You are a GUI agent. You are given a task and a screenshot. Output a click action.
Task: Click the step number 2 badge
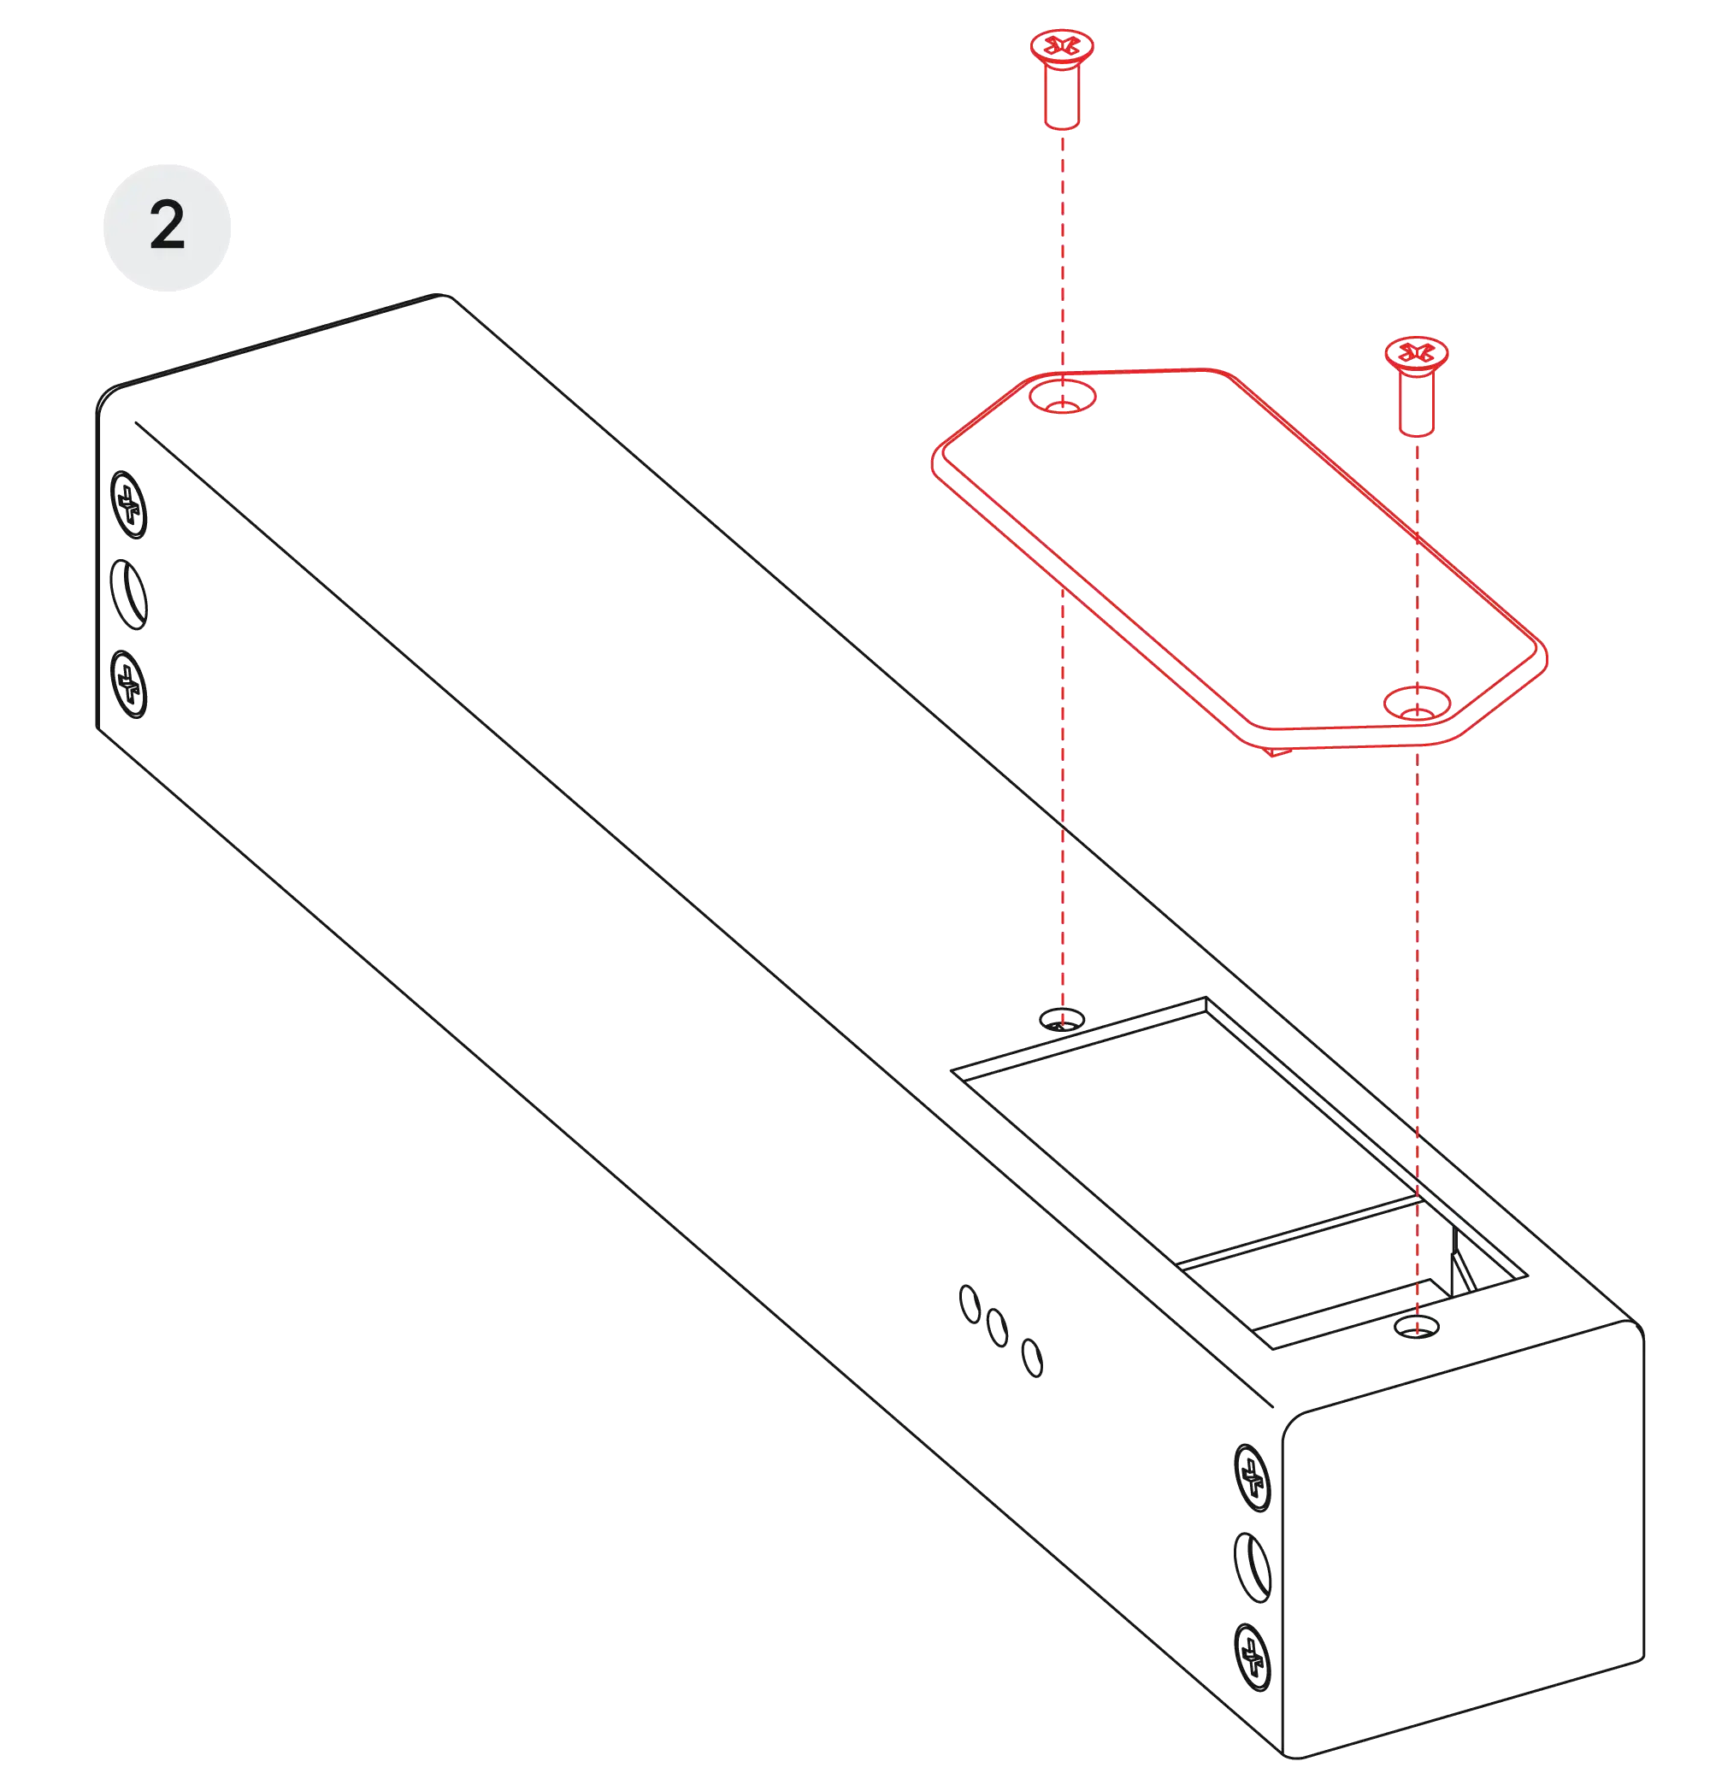(167, 227)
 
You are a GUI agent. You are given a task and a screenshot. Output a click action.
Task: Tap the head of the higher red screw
(1061, 47)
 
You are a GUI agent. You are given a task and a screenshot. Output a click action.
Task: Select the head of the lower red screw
(1416, 354)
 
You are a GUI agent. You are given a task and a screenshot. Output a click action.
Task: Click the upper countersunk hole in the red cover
(1062, 397)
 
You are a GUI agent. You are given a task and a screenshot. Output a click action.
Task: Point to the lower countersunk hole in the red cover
(1417, 704)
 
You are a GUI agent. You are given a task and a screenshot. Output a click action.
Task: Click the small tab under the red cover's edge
(1278, 751)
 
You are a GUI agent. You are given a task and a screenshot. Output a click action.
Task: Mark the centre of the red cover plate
(1239, 559)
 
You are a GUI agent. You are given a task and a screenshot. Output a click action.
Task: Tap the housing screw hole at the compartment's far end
(1061, 1019)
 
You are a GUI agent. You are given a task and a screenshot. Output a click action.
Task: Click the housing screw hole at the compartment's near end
(1417, 1328)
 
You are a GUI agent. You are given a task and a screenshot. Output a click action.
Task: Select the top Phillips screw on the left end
(128, 504)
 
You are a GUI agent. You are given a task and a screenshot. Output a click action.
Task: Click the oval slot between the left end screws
(128, 595)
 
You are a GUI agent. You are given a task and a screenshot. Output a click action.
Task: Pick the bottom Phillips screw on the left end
(128, 684)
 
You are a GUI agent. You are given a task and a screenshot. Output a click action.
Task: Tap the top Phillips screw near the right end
(1253, 1477)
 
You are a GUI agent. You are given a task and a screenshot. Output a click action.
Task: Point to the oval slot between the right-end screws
(1253, 1567)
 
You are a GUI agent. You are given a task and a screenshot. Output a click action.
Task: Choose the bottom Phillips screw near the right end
(1253, 1657)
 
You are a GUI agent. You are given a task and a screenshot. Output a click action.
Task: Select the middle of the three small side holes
(998, 1328)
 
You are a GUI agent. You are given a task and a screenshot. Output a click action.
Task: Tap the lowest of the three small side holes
(1032, 1358)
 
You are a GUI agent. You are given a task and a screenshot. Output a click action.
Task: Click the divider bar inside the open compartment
(1298, 1233)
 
